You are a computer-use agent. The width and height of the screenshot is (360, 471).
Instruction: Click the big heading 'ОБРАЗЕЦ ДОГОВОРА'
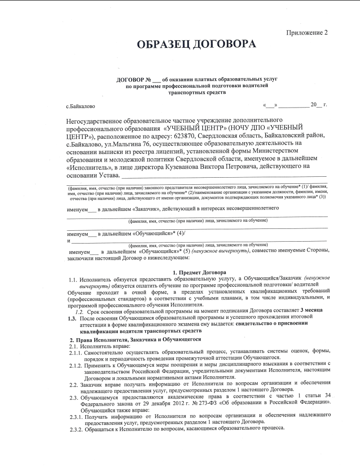[x=196, y=45]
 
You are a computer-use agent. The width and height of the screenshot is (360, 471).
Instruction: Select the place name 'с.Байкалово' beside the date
[x=81, y=105]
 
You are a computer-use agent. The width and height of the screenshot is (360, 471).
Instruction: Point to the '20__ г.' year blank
[x=319, y=104]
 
